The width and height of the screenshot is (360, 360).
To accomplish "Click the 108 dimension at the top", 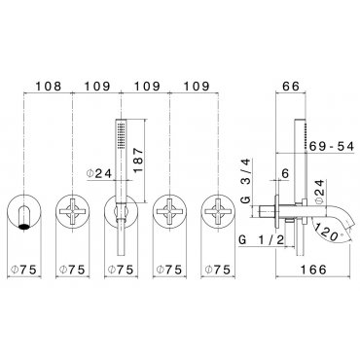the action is pos(48,87).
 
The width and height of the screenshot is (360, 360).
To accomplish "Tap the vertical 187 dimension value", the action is pos(138,161).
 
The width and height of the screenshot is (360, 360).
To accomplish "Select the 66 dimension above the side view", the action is pos(290,87).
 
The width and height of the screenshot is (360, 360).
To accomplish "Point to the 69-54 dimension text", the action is pos(331,147).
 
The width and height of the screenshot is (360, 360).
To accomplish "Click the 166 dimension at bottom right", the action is pos(312,269).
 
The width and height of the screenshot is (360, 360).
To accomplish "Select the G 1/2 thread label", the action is pos(262,240).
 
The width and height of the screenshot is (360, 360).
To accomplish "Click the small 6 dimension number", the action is pos(285,173).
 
